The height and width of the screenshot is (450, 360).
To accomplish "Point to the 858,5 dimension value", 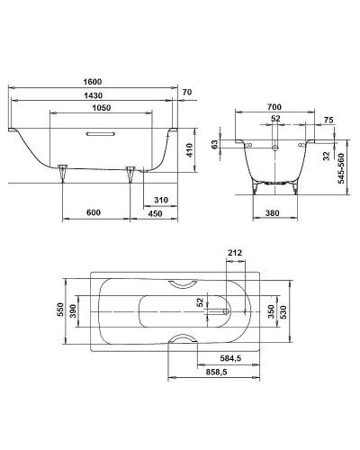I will click(x=215, y=370).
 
